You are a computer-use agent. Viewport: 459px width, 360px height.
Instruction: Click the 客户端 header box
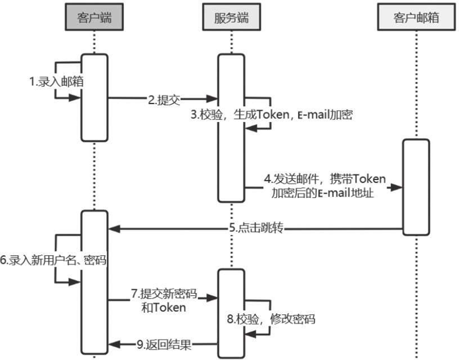pyautogui.click(x=94, y=18)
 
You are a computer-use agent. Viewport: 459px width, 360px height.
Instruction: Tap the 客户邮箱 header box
pyautogui.click(x=416, y=18)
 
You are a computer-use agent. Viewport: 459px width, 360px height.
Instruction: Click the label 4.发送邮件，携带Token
pyautogui.click(x=325, y=180)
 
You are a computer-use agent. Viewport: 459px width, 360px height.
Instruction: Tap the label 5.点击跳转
pyautogui.click(x=256, y=228)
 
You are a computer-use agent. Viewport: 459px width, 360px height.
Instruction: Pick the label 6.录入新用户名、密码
pyautogui.click(x=53, y=260)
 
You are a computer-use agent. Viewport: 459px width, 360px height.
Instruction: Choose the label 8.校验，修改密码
pyautogui.click(x=270, y=318)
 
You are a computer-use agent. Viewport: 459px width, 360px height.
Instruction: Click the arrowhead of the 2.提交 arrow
pyautogui.click(x=213, y=99)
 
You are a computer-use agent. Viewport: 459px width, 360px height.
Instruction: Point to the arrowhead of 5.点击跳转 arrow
pyautogui.click(x=113, y=229)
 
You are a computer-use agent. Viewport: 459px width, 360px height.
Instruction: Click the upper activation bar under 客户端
pyautogui.click(x=94, y=97)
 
